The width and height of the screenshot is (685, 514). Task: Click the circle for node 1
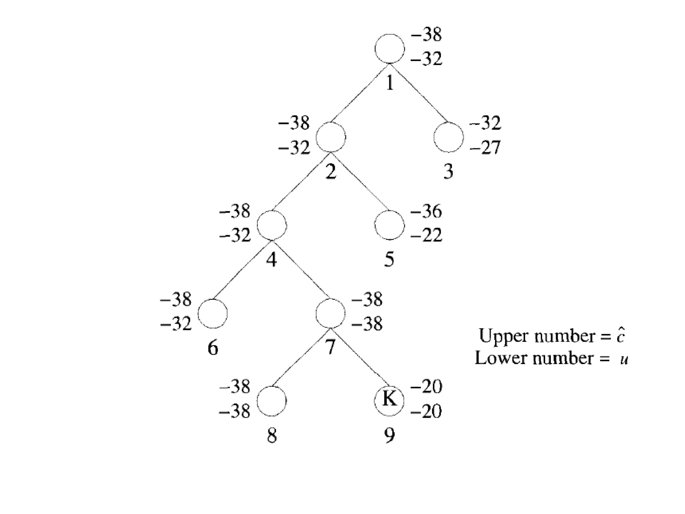(389, 49)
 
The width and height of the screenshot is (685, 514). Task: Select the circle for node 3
(449, 137)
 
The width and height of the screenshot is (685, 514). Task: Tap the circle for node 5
(389, 225)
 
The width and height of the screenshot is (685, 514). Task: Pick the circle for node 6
(213, 314)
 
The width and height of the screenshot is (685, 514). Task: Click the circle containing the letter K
(389, 401)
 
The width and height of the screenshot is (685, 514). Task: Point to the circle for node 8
(272, 401)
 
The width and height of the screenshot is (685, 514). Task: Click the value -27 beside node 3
(485, 147)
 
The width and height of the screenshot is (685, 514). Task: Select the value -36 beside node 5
(426, 211)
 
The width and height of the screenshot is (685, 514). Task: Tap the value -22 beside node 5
(426, 235)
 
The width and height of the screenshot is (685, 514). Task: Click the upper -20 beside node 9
(426, 387)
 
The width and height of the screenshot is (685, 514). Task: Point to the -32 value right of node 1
(426, 59)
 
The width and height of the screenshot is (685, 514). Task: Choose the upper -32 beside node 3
(485, 123)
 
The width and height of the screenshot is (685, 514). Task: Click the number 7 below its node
(330, 347)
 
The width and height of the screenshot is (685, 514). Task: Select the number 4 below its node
(272, 260)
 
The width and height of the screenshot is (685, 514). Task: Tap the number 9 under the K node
(389, 436)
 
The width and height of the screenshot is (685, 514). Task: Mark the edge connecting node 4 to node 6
(242, 269)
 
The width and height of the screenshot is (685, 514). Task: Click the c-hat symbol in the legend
(620, 336)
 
